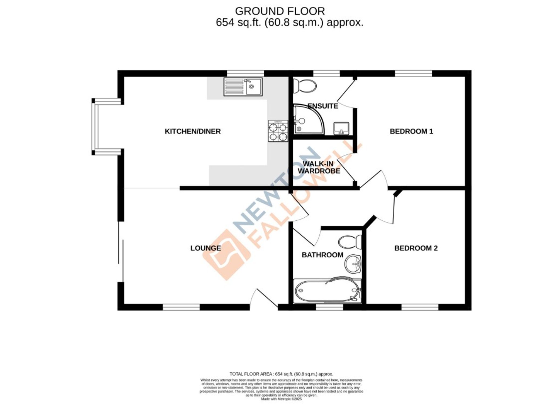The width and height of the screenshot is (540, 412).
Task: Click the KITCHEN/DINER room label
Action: click(193, 131)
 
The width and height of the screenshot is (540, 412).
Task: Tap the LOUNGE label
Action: click(205, 248)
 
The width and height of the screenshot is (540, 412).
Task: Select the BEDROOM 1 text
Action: click(411, 131)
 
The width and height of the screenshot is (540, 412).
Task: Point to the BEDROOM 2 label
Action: click(416, 248)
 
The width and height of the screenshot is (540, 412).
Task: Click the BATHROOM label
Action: click(322, 255)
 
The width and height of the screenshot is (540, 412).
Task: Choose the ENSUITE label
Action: click(323, 106)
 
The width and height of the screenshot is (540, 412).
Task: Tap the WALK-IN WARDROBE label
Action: click(319, 167)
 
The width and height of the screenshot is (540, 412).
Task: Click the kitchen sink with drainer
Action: click(243, 87)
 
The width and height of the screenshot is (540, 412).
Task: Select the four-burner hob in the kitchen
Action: click(278, 131)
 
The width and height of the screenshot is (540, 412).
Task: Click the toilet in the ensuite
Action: click(305, 86)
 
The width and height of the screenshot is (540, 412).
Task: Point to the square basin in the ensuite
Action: click(341, 128)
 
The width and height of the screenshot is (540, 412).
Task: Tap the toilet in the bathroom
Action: click(350, 242)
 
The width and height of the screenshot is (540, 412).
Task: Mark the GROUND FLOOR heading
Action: click(280, 11)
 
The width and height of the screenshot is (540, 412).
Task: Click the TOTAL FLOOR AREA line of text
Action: click(281, 374)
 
